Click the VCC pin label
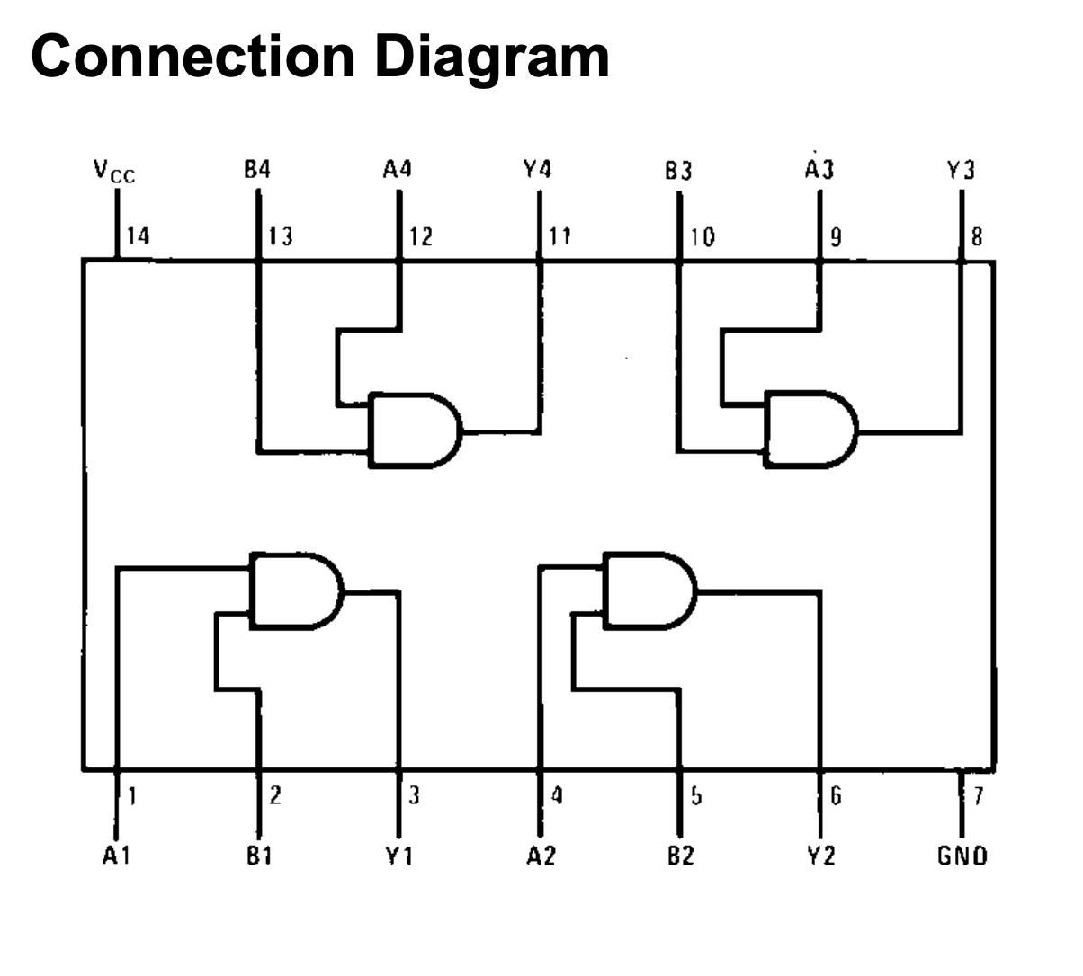(114, 171)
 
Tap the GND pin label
(962, 856)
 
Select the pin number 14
(138, 236)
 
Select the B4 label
(257, 169)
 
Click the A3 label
(819, 169)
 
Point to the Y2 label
(819, 856)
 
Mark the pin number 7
(979, 794)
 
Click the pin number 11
(559, 236)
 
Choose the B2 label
(680, 856)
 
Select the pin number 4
(558, 794)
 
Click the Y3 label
(961, 169)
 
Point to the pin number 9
(837, 236)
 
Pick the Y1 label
(398, 856)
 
